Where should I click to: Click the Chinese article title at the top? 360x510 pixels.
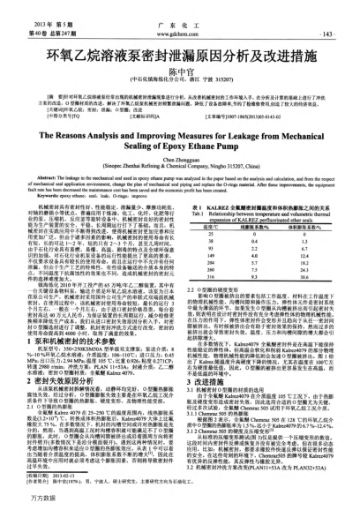(x=180, y=41)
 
